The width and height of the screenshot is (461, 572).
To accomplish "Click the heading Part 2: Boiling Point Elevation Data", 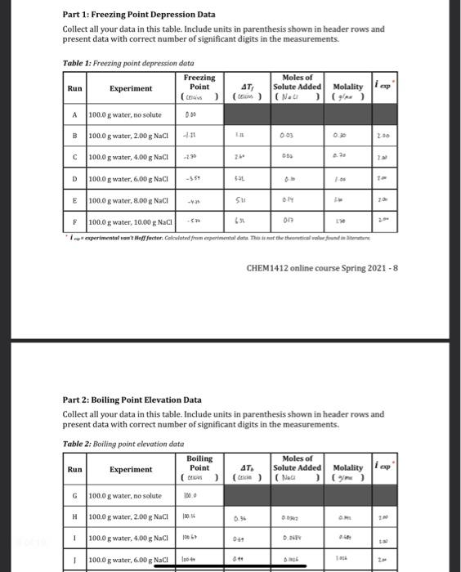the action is point(132,400).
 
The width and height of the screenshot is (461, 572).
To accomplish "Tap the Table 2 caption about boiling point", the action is point(123,444).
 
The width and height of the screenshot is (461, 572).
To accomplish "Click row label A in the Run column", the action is point(74,115).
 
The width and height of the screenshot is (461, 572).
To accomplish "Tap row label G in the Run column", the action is point(74,496).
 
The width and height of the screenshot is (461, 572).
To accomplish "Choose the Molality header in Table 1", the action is point(350,87).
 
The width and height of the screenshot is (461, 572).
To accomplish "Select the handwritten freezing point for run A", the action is point(189,115).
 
